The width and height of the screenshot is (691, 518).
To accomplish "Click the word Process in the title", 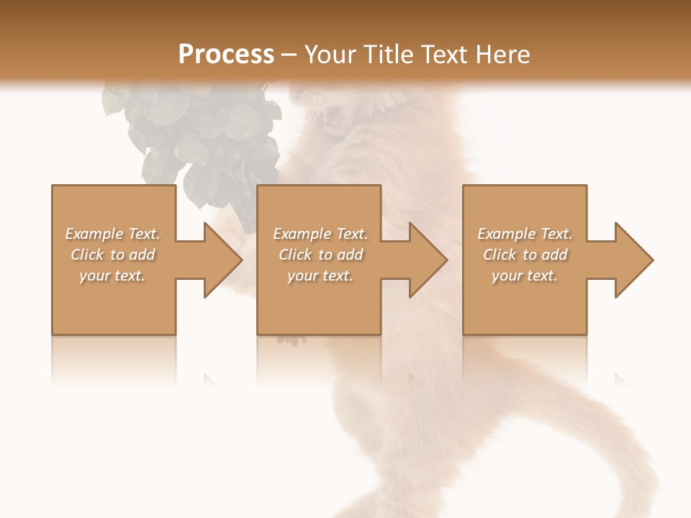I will coord(226,55).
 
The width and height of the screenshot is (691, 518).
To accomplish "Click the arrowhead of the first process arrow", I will coord(222,260).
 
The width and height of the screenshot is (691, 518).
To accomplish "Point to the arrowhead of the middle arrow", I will coord(428,260).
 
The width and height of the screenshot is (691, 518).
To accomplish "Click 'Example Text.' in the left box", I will coord(112,234).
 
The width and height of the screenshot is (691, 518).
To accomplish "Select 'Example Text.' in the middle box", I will coord(320,234).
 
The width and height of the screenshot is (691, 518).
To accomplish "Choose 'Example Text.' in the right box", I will coord(525,234).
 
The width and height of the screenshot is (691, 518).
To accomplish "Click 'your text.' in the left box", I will coord(112,276).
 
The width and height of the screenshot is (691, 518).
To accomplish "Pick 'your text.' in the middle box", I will coord(320,276).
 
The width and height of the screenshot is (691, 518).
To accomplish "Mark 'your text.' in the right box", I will coord(525,276).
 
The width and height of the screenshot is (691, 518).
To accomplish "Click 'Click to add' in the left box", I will coord(112,255).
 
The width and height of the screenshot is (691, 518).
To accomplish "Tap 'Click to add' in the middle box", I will coord(320,255).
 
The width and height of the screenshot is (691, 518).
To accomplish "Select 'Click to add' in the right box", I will coord(525,255).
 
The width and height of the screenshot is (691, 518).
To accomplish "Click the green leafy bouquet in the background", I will coord(194,137).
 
